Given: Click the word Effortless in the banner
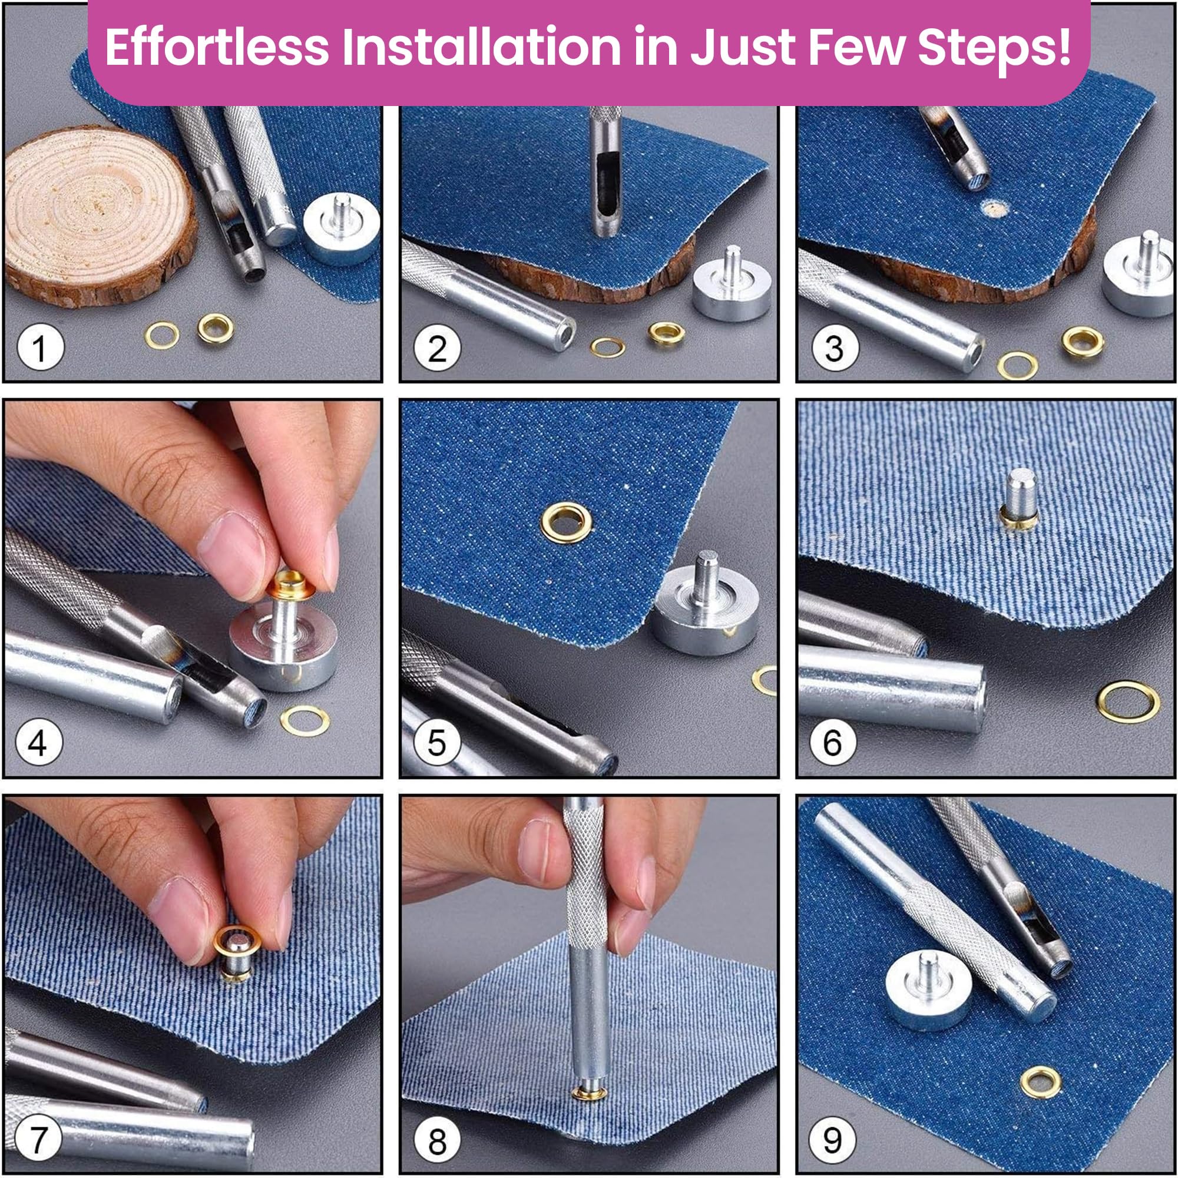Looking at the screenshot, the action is point(216,48).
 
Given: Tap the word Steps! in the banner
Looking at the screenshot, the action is point(994,48).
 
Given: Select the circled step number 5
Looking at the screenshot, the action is point(436,742).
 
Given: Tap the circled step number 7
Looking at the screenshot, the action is point(38,1139).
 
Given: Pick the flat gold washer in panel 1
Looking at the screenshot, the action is point(162,335).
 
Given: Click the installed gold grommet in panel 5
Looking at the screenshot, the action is point(567,522).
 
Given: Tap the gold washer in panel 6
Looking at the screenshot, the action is point(1129,702).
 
